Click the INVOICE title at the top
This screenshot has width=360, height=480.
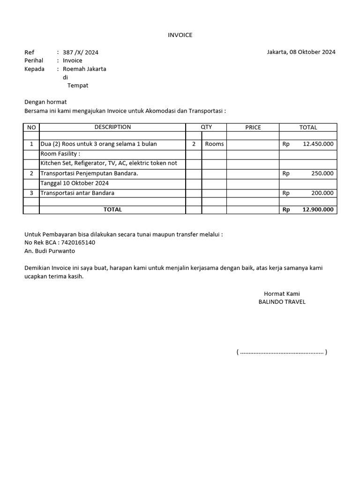coord(180,35)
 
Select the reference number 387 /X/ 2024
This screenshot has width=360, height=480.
coord(81,52)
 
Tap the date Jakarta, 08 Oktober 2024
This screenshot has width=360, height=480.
coord(301,52)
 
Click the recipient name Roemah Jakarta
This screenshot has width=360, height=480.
coord(84,69)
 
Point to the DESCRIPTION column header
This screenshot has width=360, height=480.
coord(112,127)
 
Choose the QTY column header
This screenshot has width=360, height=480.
coord(206,127)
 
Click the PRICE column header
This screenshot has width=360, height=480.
coord(253,127)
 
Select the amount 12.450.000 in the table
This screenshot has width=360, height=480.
coord(318,144)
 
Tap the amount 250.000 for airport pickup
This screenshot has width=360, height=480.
coord(322,173)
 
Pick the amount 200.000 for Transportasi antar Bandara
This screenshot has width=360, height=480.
coord(322,193)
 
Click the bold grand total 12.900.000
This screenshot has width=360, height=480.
coord(318,210)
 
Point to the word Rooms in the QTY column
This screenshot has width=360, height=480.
coord(214,144)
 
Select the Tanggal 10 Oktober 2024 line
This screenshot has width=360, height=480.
coord(75,183)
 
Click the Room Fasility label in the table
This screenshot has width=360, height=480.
coord(60,154)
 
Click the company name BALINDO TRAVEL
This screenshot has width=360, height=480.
coord(282,302)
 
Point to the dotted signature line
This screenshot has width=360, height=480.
coord(282,352)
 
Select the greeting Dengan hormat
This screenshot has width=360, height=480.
coord(45,102)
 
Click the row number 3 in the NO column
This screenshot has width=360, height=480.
coord(31,193)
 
